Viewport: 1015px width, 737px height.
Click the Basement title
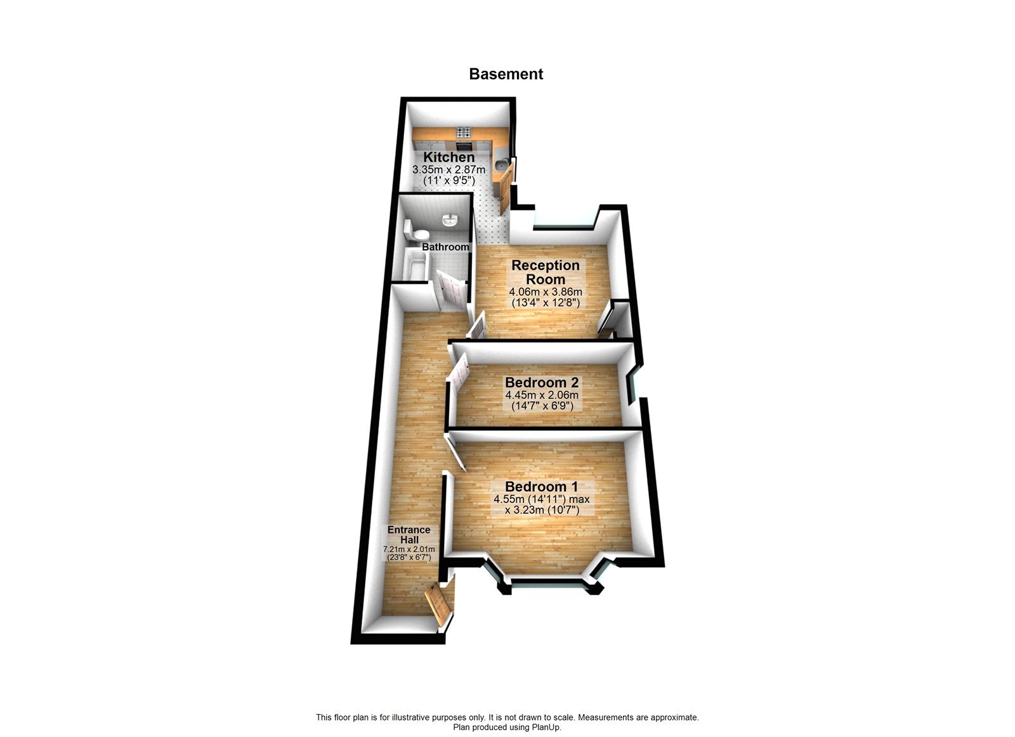point(506,74)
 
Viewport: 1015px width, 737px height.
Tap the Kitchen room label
point(449,157)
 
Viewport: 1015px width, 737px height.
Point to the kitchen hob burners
point(462,133)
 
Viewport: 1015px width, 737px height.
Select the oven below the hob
point(462,145)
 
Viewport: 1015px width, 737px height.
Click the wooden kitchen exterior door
point(505,188)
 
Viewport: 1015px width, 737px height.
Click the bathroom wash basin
point(450,220)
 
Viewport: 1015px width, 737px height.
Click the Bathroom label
point(445,247)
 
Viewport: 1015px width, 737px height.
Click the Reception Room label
point(546,272)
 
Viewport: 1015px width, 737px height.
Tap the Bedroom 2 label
point(542,383)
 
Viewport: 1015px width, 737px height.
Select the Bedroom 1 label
point(542,487)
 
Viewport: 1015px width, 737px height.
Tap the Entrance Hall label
point(409,534)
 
